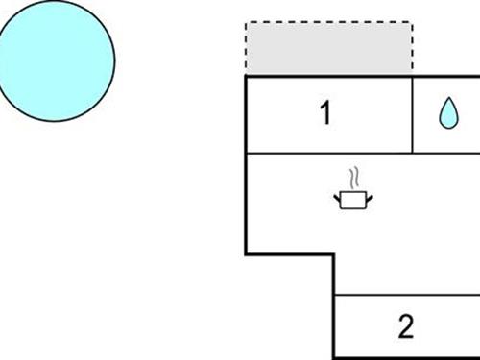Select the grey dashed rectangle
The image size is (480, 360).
[x=329, y=49]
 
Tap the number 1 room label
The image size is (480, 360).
[x=325, y=113]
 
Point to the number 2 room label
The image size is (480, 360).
[x=405, y=326]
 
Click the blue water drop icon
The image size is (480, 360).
[x=447, y=114]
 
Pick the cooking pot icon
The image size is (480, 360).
[x=353, y=199]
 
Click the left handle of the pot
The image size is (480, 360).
[x=338, y=197]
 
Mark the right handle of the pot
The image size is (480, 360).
[x=370, y=197]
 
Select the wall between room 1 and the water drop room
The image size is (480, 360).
[x=412, y=114]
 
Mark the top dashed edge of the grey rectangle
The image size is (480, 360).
[x=329, y=22]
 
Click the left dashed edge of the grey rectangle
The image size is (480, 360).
[x=247, y=49]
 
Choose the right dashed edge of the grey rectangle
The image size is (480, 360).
[x=413, y=49]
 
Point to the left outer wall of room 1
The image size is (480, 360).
[x=247, y=114]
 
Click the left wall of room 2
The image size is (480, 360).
[x=334, y=326]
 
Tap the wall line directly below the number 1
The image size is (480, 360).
[x=325, y=153]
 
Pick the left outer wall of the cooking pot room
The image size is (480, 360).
[x=247, y=203]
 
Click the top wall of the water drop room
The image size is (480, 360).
[x=446, y=76]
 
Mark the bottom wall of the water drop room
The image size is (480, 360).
[x=446, y=153]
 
